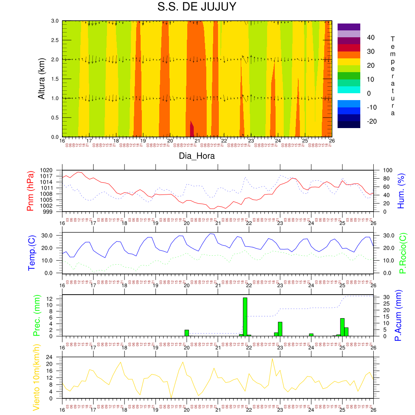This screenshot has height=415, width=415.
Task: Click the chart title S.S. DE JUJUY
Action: [x=197, y=8]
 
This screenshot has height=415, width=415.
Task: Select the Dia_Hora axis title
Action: [x=197, y=156]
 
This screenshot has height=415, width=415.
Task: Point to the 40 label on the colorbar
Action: [x=370, y=38]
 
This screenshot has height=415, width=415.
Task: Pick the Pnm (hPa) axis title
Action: [x=30, y=190]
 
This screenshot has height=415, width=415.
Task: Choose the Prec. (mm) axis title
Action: [x=36, y=315]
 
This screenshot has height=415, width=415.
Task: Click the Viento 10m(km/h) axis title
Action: [x=36, y=377]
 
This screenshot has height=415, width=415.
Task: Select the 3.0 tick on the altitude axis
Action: [x=55, y=21]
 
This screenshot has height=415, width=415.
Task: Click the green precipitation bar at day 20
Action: [x=187, y=333]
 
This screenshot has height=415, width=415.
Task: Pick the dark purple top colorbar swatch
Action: [x=349, y=27]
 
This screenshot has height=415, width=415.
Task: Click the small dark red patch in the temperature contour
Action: [x=192, y=130]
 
